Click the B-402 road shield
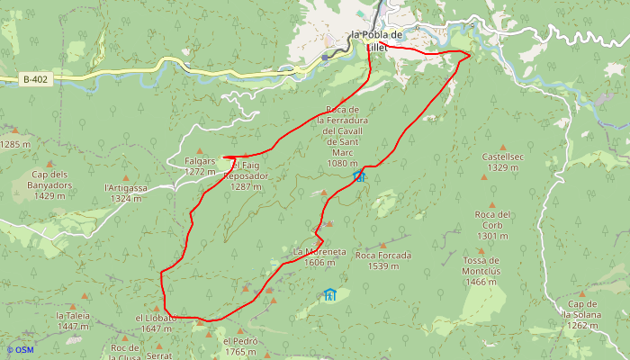(35, 79)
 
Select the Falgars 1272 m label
(200, 166)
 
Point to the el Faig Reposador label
(249, 171)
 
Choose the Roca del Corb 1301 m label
(492, 225)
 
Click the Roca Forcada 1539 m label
(383, 260)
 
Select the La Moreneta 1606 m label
(319, 257)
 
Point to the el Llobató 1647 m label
(154, 323)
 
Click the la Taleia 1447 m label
(73, 321)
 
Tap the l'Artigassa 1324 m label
(125, 193)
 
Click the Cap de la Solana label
(589, 310)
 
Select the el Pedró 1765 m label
(240, 346)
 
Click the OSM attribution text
(20, 349)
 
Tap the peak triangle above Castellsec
(504, 148)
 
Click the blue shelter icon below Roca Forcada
(329, 294)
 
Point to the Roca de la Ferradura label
(344, 134)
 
